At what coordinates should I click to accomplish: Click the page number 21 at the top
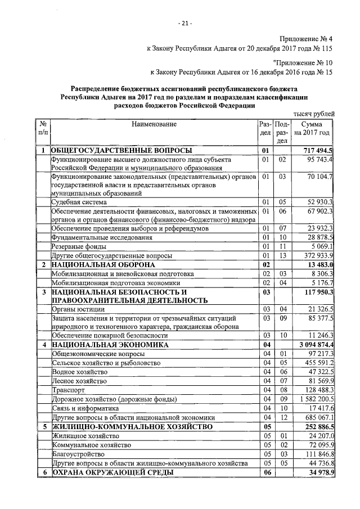point(185,23)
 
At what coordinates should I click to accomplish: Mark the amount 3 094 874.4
point(315,344)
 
